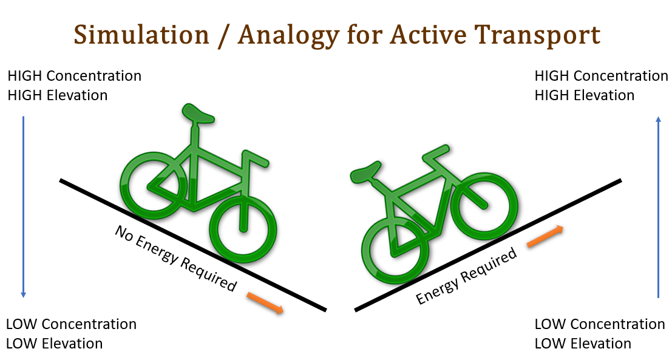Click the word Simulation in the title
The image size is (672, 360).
click(x=141, y=35)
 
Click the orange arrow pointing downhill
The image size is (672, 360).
click(x=265, y=303)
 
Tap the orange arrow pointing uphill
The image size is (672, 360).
click(x=545, y=236)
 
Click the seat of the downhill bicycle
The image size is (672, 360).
click(x=197, y=113)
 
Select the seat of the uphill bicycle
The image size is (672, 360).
click(x=365, y=172)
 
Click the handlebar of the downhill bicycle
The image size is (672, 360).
click(x=256, y=158)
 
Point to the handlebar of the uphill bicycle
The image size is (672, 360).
click(x=436, y=154)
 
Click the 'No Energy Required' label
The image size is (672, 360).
click(x=175, y=259)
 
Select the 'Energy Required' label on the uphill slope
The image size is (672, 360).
click(x=466, y=276)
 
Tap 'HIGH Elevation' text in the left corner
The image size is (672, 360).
click(x=58, y=95)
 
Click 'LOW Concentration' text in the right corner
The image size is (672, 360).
click(x=600, y=324)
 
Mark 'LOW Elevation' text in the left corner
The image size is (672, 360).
click(x=55, y=343)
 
